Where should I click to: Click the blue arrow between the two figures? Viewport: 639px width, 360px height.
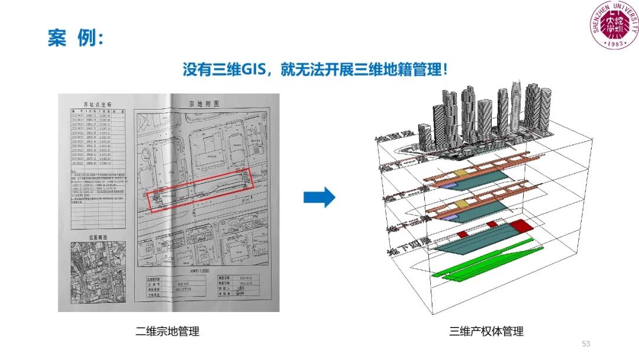319,198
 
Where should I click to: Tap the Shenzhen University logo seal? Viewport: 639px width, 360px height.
615,25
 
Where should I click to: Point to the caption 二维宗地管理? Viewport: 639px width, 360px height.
167,331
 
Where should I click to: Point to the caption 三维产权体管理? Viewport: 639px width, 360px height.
486,331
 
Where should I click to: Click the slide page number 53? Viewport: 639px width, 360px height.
586,344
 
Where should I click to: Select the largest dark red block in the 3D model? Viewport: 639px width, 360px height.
521,225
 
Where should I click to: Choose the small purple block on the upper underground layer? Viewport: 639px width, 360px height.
449,185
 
